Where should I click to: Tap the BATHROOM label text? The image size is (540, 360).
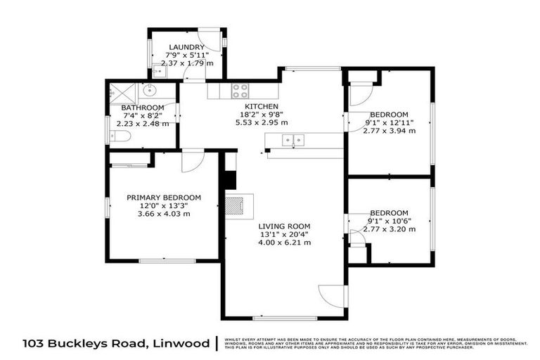tap(146, 108)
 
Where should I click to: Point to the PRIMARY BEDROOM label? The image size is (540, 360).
tap(164, 198)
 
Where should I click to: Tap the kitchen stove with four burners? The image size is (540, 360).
tap(240, 90)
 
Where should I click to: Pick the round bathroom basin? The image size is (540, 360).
tap(148, 90)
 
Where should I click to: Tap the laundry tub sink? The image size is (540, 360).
tap(157, 70)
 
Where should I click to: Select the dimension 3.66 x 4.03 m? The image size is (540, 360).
tap(164, 214)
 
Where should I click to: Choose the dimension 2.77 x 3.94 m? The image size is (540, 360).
tap(389, 131)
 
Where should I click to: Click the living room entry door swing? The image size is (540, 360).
tap(330, 296)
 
